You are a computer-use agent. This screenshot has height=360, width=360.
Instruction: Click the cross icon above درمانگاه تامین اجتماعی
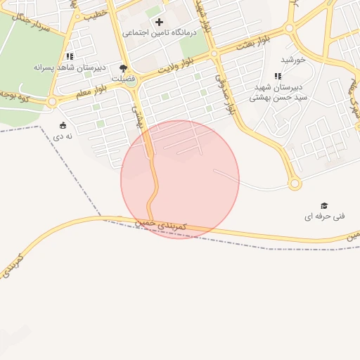tap(159, 22)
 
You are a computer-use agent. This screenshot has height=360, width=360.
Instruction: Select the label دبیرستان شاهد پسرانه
tap(70, 67)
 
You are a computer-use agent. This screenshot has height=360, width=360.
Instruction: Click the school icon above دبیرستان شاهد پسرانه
tap(69, 56)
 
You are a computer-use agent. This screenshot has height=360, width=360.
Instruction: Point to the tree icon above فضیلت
tap(124, 68)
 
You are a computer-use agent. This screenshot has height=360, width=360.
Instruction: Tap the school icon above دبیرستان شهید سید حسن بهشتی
tap(278, 76)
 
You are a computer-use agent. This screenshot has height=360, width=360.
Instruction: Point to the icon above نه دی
tap(63, 125)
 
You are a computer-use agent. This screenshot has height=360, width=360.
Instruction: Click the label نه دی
tap(63, 136)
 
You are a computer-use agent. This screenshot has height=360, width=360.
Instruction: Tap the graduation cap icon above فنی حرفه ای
tap(324, 205)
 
